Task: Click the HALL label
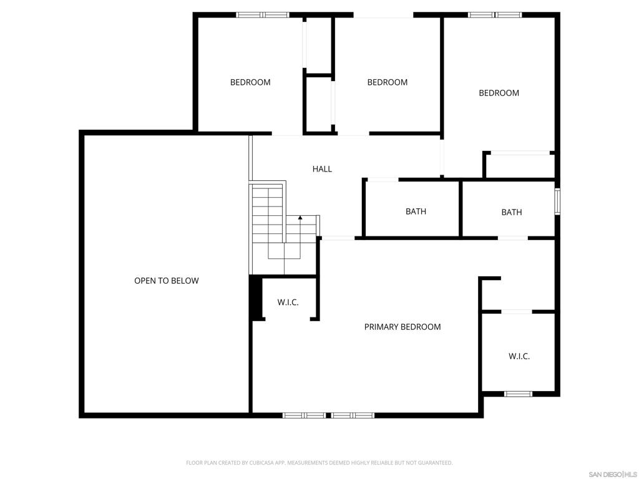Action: point(322,168)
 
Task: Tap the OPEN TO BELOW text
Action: point(166,281)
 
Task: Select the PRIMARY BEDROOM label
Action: point(402,327)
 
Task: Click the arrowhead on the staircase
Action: point(300,218)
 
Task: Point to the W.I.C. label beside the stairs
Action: point(288,302)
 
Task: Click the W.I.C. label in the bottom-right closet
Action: point(519,356)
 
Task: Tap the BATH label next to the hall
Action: point(416,211)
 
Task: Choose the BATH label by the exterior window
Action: point(512,212)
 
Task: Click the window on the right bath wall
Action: point(557,201)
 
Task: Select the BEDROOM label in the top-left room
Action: point(250,82)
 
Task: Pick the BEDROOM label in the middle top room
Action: point(387,82)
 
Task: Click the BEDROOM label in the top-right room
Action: point(499,93)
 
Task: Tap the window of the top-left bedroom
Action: point(263,15)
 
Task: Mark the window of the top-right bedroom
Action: point(495,15)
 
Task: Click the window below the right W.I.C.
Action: point(519,394)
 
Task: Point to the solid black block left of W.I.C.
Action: point(255,298)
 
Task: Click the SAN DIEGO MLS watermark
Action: point(613,475)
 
